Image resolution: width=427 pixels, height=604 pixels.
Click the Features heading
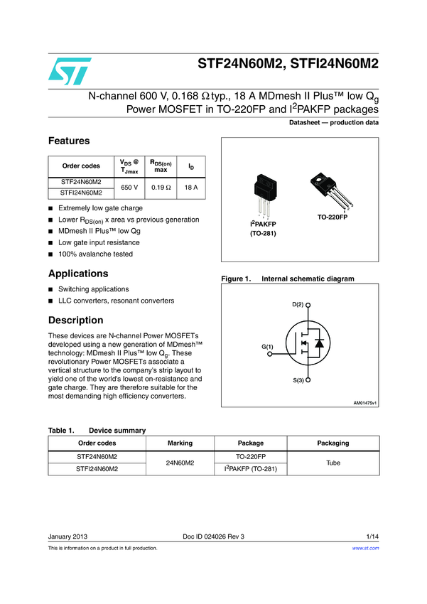[69, 141]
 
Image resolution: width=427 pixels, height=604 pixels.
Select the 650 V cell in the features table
[129, 187]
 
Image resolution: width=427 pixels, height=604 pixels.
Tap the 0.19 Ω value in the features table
[161, 187]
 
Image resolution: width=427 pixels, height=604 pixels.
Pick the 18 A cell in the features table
[190, 187]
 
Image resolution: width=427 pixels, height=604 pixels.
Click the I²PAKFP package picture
[262, 196]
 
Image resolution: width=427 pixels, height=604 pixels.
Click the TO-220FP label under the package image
[332, 216]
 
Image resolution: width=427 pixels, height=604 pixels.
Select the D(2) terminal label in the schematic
[298, 304]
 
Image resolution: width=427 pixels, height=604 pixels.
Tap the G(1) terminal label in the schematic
[268, 346]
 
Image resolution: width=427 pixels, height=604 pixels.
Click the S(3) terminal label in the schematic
[298, 381]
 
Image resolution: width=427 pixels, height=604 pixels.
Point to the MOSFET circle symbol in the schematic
[310, 343]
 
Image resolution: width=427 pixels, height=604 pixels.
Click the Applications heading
[78, 274]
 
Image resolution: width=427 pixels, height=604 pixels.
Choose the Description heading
[75, 320]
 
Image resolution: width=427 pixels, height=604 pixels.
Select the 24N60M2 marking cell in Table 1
[180, 463]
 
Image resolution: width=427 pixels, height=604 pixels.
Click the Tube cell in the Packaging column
[333, 463]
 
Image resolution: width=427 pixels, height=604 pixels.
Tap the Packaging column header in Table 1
[333, 443]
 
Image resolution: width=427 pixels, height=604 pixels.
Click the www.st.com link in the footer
[365, 549]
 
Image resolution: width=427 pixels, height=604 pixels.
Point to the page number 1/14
[372, 536]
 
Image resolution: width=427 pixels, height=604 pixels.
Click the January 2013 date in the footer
[67, 536]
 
